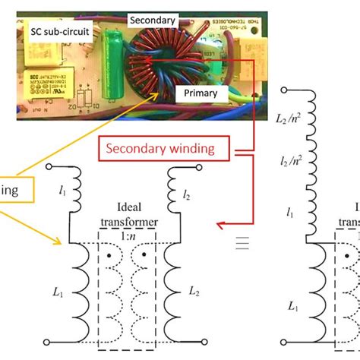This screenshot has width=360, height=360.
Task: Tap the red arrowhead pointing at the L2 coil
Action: [219, 225]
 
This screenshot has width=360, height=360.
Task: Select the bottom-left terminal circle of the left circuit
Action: [49, 343]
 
